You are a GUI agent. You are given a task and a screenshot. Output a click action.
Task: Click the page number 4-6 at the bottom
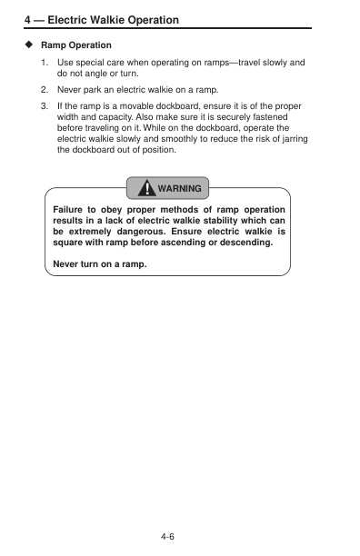coord(167,537)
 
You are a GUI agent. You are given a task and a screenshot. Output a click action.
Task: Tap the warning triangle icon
coord(145,188)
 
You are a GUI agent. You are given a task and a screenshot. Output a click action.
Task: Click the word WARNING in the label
coord(179,189)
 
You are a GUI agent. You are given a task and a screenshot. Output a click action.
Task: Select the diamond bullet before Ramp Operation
coord(29,45)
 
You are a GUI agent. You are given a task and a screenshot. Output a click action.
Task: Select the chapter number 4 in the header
coord(26,19)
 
